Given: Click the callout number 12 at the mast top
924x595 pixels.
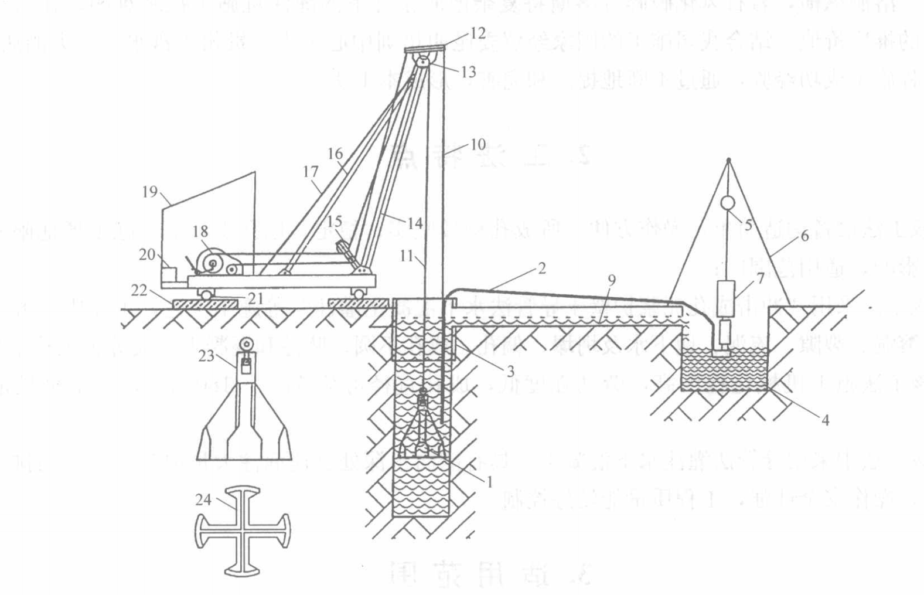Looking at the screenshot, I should click(478, 33).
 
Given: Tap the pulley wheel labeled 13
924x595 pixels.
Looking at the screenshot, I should click(424, 61).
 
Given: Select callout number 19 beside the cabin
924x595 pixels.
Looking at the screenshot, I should click(150, 191).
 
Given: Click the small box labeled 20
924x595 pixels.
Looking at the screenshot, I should click(169, 273).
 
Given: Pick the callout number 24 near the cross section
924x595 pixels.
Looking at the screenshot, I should click(203, 499).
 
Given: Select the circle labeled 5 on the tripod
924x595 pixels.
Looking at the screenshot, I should click(727, 203).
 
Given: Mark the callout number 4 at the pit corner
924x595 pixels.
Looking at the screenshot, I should click(825, 420).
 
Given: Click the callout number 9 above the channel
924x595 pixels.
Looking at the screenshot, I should click(611, 281).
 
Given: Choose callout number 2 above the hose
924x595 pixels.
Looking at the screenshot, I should click(541, 268).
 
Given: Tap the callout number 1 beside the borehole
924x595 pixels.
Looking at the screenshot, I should click(488, 481).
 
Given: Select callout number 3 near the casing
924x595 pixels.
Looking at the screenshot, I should click(510, 371).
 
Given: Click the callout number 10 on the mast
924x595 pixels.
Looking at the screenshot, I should click(478, 144).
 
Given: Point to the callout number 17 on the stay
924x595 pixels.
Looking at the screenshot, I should click(311, 171).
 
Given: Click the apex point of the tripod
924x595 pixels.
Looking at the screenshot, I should click(728, 159).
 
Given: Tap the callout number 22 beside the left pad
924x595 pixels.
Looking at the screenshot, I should click(139, 290).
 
